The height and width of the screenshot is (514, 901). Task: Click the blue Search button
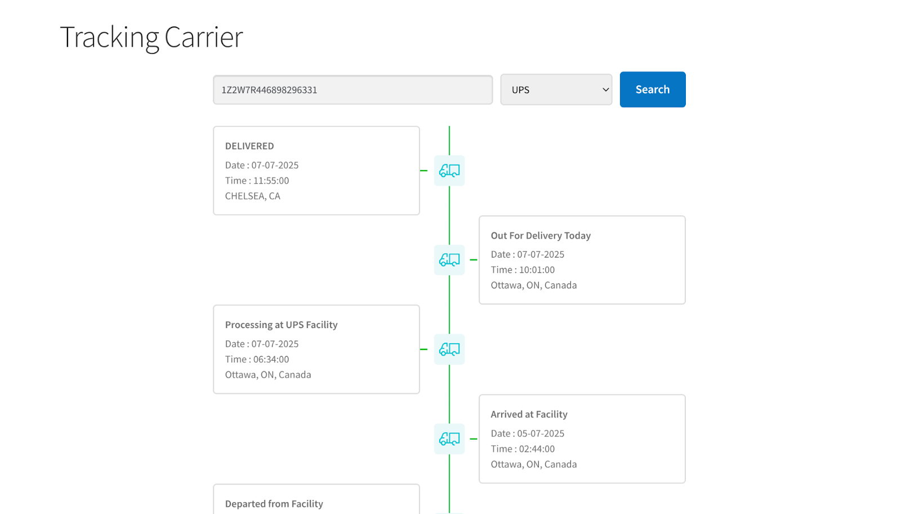(x=653, y=90)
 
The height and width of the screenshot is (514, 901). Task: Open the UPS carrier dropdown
(x=556, y=90)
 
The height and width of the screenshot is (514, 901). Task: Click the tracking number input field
(x=353, y=90)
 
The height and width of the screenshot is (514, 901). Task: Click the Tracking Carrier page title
(x=151, y=37)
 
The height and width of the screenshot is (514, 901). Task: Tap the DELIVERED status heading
(x=249, y=146)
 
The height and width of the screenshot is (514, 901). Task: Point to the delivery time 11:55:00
(x=271, y=180)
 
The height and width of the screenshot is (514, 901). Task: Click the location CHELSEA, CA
(x=253, y=196)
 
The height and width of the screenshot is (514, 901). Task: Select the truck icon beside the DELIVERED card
(x=449, y=171)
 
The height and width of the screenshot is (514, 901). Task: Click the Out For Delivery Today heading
(x=541, y=236)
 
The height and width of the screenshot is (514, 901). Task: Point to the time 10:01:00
(x=537, y=269)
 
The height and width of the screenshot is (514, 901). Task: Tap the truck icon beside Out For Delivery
(x=449, y=260)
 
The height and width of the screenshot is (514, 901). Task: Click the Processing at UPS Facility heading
(x=281, y=325)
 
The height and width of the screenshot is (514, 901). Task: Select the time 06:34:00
(x=271, y=359)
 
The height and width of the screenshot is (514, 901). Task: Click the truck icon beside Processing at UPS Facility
(x=449, y=349)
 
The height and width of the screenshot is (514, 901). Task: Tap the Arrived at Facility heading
(x=529, y=414)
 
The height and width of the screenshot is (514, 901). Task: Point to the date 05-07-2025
(x=541, y=433)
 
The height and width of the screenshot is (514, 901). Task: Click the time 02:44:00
(x=537, y=449)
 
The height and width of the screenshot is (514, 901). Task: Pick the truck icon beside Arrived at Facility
(x=449, y=438)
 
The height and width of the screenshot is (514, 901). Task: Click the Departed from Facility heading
(x=274, y=504)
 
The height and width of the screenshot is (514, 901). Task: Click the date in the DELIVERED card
(x=275, y=165)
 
